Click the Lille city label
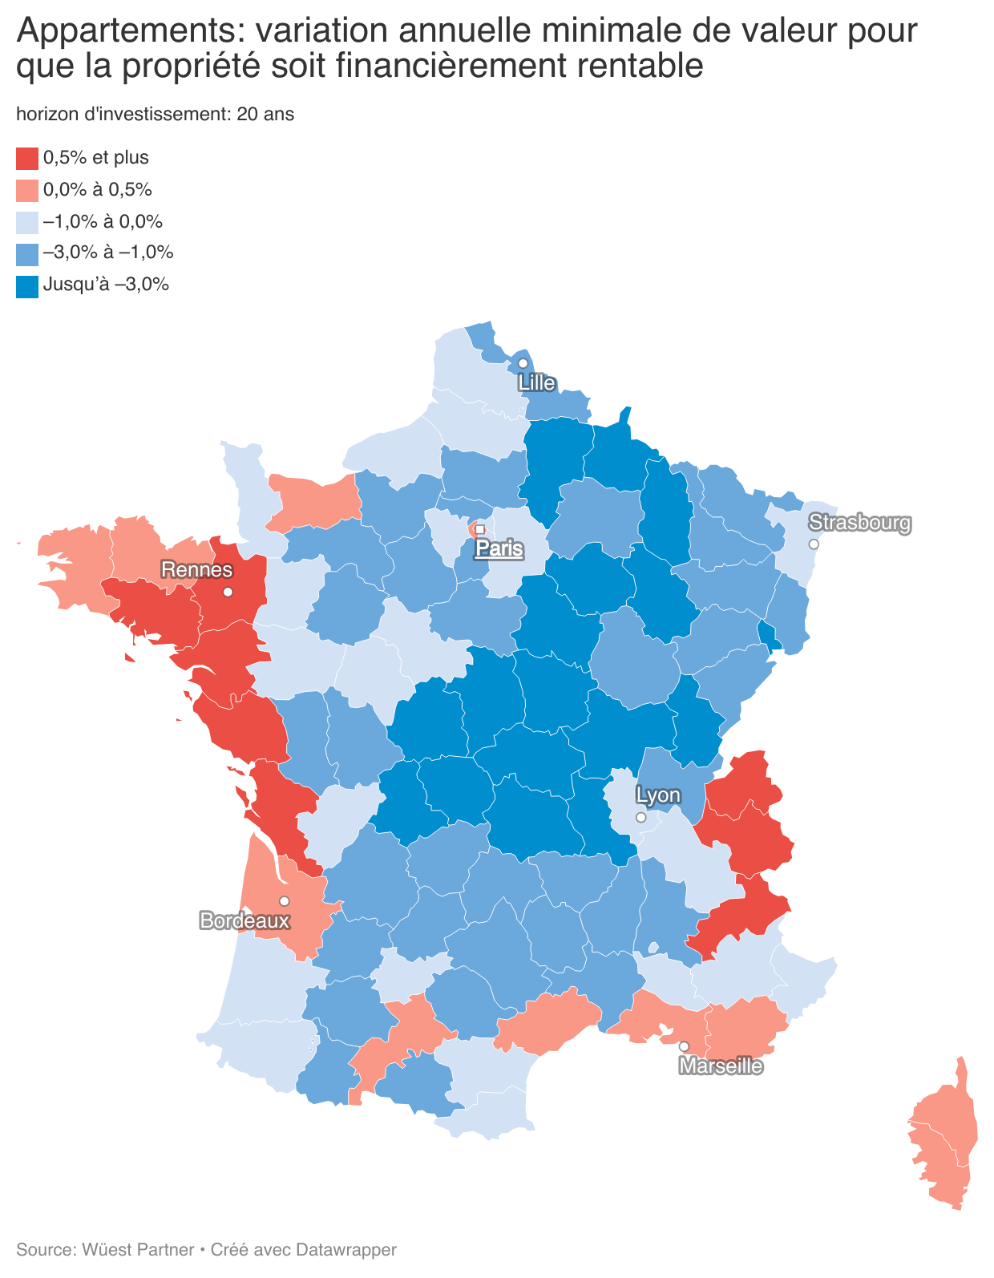536,383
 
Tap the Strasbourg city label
860,523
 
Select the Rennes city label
197,570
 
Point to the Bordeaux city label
244,920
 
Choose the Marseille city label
721,1066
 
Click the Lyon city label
658,796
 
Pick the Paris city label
499,549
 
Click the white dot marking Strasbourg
814,544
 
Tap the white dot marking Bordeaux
284,901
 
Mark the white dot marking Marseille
684,1046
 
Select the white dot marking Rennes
228,592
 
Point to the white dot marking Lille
523,363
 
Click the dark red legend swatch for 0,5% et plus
27,159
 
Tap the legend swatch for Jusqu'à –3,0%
27,286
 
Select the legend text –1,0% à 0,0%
103,221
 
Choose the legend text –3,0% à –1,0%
108,253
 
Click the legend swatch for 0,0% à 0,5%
27,191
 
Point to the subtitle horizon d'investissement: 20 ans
155,114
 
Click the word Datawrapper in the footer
346,1249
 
